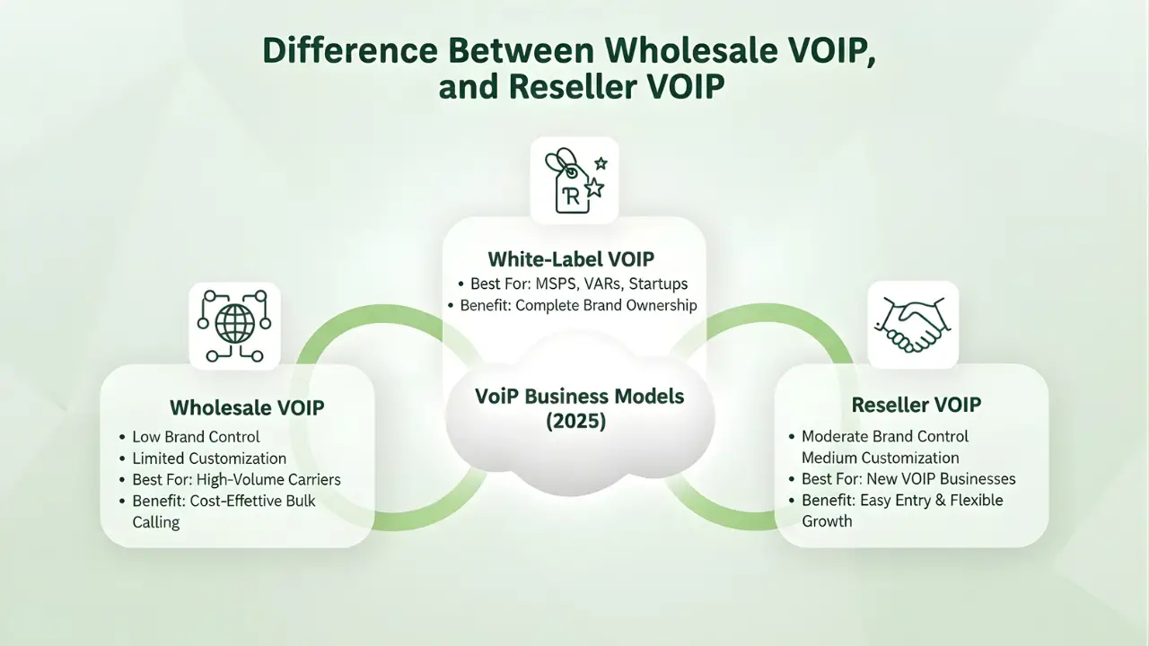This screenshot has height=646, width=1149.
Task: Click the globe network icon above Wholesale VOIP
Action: (234, 326)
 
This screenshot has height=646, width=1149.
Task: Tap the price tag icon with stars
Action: (574, 180)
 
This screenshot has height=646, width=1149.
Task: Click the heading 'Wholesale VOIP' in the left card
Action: (247, 407)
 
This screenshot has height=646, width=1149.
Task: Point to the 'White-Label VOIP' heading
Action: (571, 259)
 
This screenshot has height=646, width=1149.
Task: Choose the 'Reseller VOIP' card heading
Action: (917, 405)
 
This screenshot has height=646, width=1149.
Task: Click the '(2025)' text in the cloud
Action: (575, 421)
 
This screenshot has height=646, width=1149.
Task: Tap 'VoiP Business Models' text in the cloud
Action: (580, 396)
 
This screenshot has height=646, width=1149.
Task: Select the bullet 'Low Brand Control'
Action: (196, 437)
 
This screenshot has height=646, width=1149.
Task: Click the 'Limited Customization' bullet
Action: (209, 458)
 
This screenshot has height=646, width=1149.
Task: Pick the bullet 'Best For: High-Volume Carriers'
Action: (236, 479)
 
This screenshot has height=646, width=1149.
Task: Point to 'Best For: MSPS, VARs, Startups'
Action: (579, 284)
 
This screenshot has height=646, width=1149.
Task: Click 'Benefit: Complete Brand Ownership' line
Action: (579, 305)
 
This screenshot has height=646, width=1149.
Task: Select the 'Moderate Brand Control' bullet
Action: (885, 436)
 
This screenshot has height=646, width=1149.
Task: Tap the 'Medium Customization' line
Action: (880, 458)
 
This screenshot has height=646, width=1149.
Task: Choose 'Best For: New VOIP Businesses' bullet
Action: (908, 478)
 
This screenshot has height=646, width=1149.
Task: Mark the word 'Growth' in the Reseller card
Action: (827, 520)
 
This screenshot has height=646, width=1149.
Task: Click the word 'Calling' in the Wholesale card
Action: (156, 521)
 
